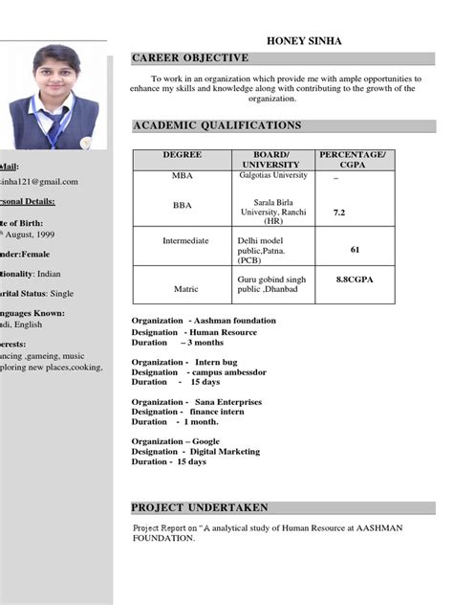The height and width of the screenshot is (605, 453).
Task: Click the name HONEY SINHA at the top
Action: pos(303,41)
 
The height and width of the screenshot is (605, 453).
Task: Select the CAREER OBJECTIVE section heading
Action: pos(190,58)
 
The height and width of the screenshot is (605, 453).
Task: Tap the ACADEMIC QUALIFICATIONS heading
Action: pos(217,125)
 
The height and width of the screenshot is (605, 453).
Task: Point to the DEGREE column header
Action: pos(182,154)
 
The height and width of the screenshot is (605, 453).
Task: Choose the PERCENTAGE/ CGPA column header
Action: pos(353,159)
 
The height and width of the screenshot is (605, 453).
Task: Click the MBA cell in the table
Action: pos(182,177)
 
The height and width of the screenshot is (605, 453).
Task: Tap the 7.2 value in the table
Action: pos(339,213)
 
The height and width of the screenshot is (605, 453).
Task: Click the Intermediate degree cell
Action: pos(185,240)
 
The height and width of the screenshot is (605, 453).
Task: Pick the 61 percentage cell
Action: pos(355,249)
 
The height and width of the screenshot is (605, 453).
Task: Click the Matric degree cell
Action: pos(185,287)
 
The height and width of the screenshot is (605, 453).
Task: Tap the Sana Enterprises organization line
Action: pos(196,402)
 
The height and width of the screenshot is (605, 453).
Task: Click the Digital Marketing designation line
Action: pos(195,451)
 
